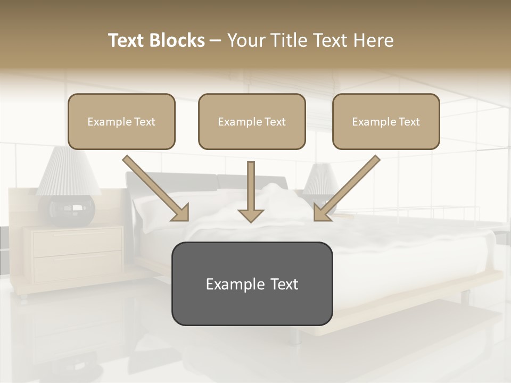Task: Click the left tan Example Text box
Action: click(x=121, y=121)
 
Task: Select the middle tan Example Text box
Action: click(x=252, y=121)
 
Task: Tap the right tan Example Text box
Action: click(x=386, y=121)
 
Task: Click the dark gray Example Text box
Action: click(x=252, y=284)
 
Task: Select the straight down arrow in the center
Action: click(x=251, y=191)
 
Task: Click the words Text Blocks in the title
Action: click(x=156, y=40)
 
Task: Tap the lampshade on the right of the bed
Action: click(x=321, y=179)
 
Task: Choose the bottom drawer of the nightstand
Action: click(x=78, y=265)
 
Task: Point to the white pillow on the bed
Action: click(x=160, y=207)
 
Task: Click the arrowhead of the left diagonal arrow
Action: click(x=182, y=213)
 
